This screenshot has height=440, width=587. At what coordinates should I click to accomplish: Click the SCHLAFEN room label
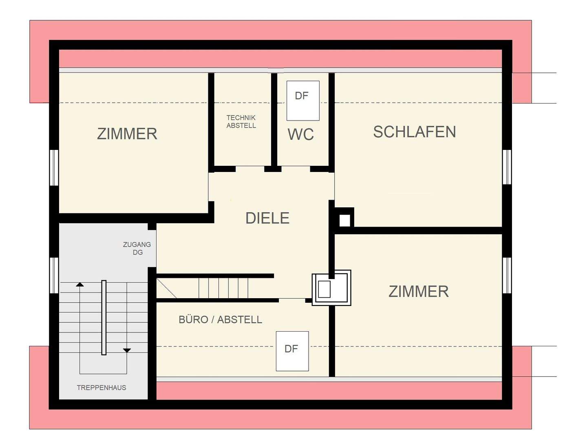click(414, 132)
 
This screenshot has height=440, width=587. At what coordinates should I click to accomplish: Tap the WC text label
click(301, 134)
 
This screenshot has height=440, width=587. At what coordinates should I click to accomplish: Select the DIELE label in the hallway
click(267, 218)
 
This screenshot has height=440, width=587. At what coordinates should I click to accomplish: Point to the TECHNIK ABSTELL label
click(241, 121)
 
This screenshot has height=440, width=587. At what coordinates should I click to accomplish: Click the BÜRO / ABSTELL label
click(220, 319)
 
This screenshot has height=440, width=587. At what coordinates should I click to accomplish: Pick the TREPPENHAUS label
click(102, 387)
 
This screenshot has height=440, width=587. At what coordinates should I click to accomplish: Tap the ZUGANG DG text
click(137, 248)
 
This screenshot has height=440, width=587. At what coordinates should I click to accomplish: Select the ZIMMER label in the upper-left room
click(127, 134)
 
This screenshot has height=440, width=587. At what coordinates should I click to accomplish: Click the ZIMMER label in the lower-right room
click(418, 292)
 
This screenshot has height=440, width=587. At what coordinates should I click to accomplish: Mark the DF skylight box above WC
click(302, 100)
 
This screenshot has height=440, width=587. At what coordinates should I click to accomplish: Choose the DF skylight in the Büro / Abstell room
click(292, 351)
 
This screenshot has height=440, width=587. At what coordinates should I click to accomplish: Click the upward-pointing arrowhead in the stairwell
click(80, 284)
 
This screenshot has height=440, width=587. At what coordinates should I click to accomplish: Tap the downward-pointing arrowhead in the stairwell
click(127, 350)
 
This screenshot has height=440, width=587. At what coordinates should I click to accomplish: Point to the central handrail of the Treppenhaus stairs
click(104, 317)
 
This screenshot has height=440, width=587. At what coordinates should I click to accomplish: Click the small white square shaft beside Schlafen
click(344, 220)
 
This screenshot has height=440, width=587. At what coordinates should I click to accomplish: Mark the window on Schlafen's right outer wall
click(507, 167)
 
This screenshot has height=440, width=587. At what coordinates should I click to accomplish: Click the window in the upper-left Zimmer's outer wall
click(54, 167)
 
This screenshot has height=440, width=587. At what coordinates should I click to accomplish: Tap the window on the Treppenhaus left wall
click(54, 275)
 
